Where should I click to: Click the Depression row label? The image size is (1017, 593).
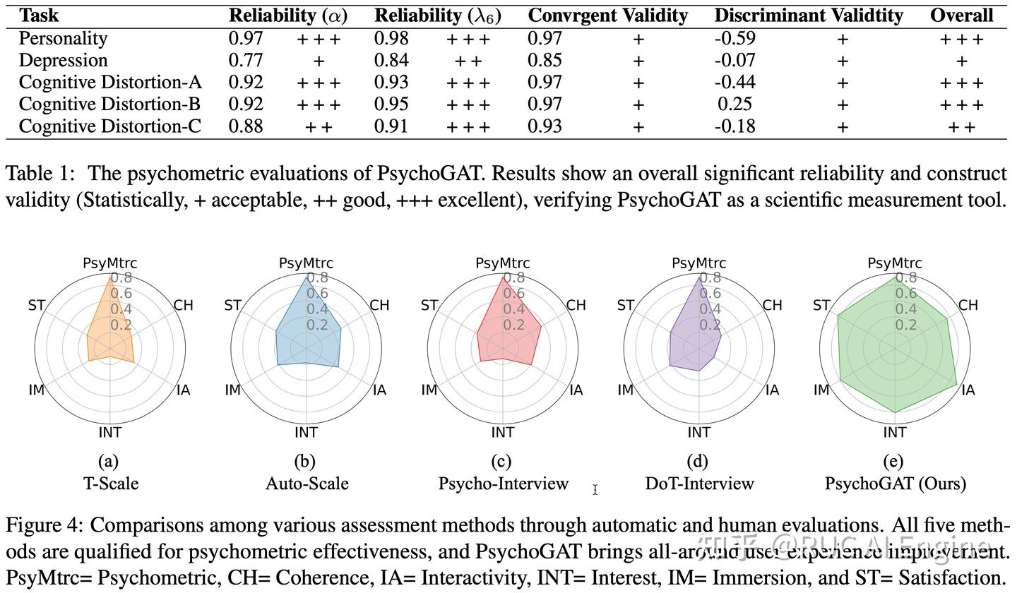(63, 61)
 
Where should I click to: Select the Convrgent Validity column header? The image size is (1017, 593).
(607, 16)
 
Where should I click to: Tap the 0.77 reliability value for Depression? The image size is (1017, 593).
(246, 61)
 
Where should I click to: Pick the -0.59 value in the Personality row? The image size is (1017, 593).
(734, 39)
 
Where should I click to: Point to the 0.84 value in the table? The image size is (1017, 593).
(391, 61)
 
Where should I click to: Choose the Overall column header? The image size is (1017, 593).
(961, 16)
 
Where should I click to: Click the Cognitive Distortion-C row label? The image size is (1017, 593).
(109, 126)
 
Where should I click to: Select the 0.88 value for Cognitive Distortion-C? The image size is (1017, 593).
(246, 126)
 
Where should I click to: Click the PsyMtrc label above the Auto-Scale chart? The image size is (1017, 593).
(306, 263)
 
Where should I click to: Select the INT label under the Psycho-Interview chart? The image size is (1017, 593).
(503, 432)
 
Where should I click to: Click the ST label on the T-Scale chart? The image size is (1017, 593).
(37, 306)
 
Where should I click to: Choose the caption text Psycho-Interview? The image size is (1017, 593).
(503, 484)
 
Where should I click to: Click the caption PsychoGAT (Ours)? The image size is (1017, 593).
(895, 484)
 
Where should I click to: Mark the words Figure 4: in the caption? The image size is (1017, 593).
(44, 526)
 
